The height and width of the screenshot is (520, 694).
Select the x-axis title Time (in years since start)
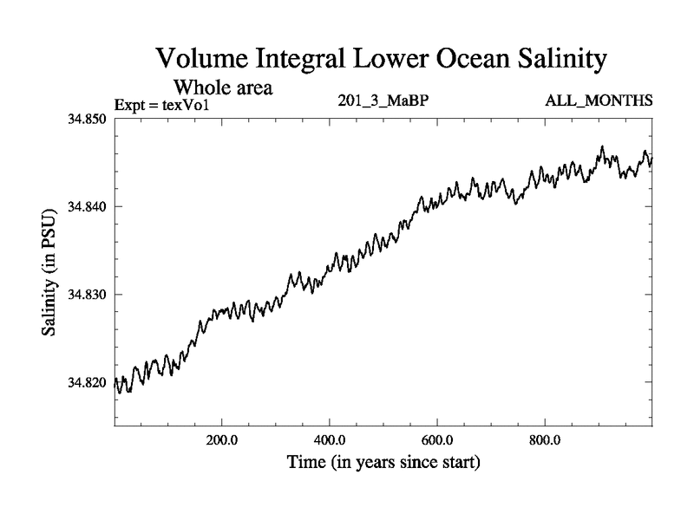[x=383, y=464]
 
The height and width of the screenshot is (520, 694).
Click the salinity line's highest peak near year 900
[x=602, y=147]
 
